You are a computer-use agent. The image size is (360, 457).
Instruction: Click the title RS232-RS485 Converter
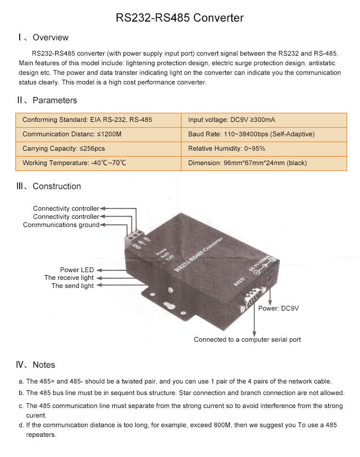(180, 18)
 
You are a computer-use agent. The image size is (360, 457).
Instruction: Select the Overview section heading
(43, 37)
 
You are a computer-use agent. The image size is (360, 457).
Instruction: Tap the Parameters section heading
(47, 100)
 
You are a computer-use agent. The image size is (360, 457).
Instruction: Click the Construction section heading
(49, 186)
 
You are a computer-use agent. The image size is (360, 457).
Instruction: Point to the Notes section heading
(36, 365)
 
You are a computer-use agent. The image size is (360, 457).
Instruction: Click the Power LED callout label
(77, 270)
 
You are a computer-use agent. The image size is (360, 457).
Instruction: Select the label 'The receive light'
(69, 278)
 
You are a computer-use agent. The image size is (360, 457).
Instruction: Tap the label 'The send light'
(72, 286)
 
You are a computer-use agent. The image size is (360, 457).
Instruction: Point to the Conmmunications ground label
(61, 225)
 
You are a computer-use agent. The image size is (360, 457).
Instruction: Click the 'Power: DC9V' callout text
(278, 308)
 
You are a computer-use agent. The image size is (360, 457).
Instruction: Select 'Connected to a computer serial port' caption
(247, 339)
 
